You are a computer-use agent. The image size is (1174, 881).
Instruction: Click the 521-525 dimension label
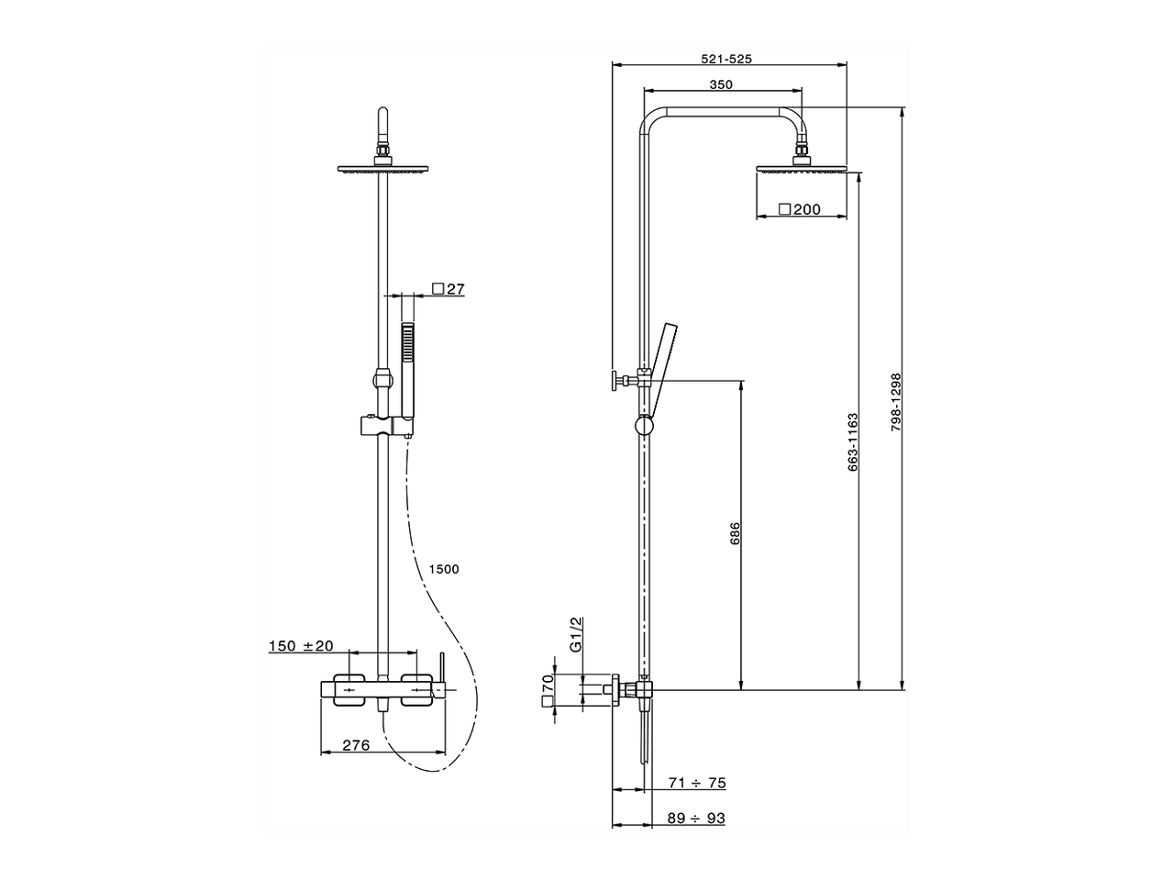(x=726, y=59)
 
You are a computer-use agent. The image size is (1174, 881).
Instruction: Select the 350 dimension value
(x=721, y=84)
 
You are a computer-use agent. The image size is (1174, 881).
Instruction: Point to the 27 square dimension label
(x=449, y=289)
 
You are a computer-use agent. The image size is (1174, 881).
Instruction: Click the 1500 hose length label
(x=443, y=569)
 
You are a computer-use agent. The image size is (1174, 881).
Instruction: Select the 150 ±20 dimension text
(x=302, y=646)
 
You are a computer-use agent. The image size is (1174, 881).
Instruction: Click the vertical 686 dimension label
(x=734, y=534)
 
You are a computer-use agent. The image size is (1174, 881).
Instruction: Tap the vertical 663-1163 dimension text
(x=853, y=442)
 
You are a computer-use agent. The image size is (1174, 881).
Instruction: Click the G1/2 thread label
(x=576, y=634)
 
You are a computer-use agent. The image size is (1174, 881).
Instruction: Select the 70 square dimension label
(x=548, y=689)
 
